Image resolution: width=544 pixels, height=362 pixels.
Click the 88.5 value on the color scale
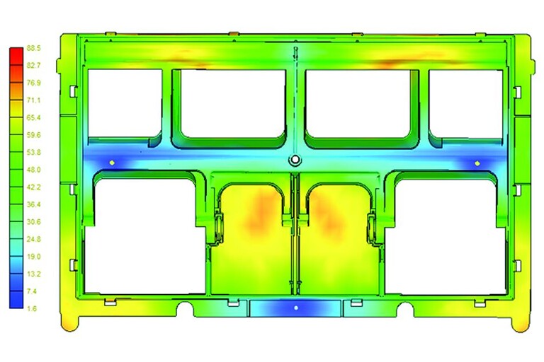point(34,48)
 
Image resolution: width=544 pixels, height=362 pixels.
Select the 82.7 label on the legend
point(34,66)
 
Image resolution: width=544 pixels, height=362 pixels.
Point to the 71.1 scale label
point(34,100)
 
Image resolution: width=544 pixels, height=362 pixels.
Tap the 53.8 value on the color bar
point(34,153)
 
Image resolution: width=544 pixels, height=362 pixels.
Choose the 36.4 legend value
point(34,205)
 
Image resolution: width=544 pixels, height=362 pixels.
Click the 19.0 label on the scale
point(34,257)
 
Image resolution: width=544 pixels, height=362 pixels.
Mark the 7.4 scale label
point(32,291)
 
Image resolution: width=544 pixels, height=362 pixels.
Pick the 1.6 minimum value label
point(32,309)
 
